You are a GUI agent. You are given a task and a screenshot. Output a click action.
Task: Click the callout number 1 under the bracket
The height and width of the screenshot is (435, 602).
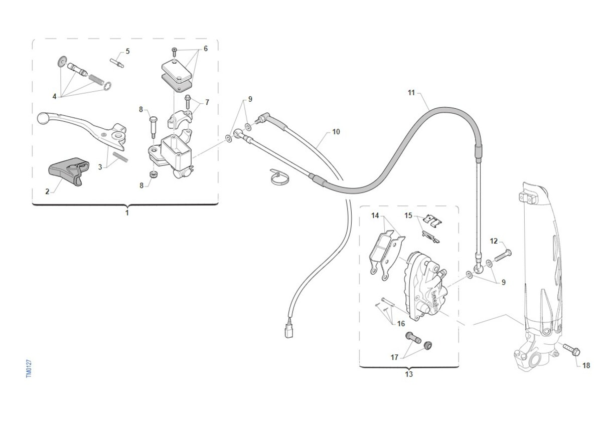127,213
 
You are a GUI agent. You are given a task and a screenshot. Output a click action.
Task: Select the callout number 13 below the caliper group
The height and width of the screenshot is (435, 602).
409,374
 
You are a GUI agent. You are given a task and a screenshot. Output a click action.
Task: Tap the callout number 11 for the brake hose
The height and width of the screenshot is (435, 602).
411,93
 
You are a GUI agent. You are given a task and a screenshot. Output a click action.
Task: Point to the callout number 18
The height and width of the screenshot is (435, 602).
586,365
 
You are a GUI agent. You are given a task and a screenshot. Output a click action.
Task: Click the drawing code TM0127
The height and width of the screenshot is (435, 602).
29,369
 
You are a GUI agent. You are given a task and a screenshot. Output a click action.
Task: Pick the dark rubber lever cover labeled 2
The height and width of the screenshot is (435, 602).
69,171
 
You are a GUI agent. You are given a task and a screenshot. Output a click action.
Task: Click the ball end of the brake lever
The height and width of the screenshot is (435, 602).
42,118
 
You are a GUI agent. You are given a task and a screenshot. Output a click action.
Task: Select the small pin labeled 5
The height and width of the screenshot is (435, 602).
117,63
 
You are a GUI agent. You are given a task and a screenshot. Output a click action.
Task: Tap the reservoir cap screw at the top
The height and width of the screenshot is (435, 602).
175,52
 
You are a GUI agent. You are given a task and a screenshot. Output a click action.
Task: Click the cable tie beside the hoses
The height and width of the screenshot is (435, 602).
280,177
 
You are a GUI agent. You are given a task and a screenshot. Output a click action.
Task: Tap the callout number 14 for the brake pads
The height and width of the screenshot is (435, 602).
375,215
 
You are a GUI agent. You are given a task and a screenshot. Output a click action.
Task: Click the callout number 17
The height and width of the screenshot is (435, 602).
394,357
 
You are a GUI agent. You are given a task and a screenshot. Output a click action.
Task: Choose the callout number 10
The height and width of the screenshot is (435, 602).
336,132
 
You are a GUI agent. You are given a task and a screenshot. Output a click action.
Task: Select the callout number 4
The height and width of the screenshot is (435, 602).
54,96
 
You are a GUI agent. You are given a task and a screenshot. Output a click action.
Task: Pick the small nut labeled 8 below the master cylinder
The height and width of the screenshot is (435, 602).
154,175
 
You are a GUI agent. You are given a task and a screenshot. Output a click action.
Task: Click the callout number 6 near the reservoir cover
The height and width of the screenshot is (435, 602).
206,49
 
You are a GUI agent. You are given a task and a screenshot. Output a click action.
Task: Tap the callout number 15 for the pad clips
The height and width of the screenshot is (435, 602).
408,215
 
